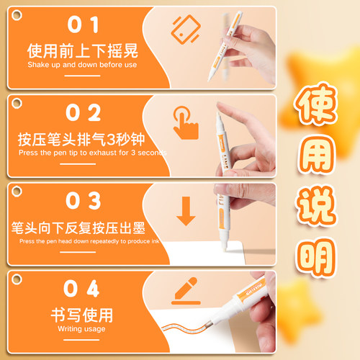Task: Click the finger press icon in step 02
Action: click(186, 120)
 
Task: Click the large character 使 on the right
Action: click(317, 116)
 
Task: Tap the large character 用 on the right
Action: click(317, 163)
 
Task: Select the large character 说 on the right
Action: click(317, 209)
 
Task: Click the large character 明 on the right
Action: click(317, 255)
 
